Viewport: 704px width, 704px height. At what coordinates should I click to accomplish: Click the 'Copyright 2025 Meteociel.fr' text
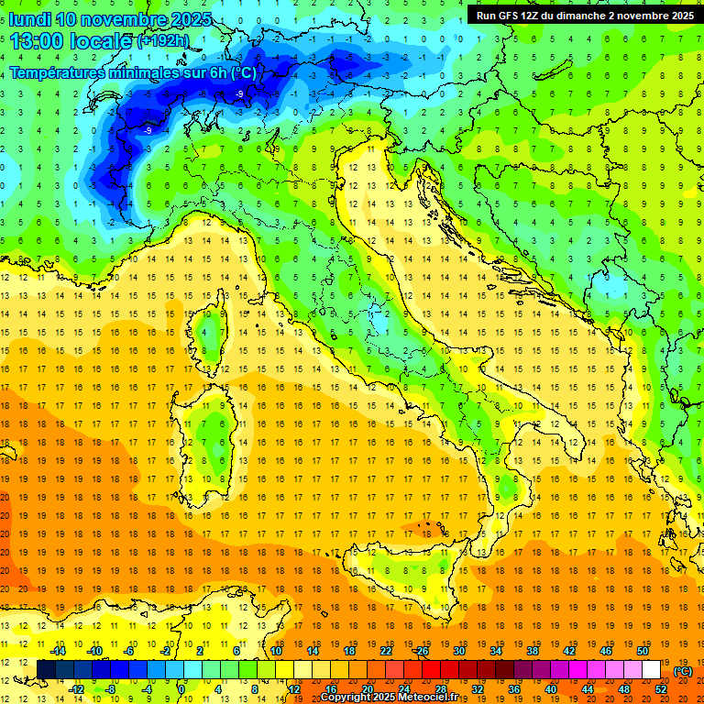coord(389,697)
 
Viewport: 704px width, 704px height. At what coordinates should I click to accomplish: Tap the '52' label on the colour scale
coord(661,689)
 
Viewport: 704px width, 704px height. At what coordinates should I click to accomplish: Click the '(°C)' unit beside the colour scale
coord(682,671)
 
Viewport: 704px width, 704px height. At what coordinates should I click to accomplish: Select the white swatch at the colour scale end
coord(651,670)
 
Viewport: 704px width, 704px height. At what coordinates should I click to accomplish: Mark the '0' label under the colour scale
coord(182,689)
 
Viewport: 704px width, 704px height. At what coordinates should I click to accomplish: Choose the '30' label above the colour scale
coord(459,651)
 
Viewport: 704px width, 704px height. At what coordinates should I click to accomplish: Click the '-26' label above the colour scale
coord(421,651)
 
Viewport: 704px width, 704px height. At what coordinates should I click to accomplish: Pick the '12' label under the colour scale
coord(294,689)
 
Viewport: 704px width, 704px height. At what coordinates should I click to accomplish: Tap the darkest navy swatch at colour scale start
coord(46,670)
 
